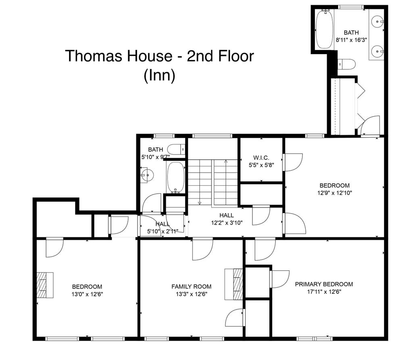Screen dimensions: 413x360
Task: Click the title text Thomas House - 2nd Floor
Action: [159, 56]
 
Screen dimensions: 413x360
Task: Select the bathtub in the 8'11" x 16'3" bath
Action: [324, 29]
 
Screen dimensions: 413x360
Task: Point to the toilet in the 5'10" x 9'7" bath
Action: [176, 149]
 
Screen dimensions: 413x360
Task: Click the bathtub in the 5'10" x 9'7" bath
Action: [176, 177]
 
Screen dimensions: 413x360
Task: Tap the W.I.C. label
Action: [261, 158]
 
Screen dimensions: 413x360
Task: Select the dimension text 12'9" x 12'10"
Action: [334, 193]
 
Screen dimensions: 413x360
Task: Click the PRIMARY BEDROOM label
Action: [324, 284]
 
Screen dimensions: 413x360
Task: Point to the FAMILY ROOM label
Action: [192, 287]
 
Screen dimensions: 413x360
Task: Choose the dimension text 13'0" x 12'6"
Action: [87, 294]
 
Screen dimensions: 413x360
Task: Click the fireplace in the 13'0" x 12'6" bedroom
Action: [45, 285]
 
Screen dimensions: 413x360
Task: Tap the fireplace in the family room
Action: [234, 284]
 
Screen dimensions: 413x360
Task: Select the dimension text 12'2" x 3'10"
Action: [227, 223]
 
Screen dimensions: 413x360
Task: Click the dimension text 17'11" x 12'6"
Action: [324, 292]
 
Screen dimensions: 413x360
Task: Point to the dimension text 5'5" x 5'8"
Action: [261, 165]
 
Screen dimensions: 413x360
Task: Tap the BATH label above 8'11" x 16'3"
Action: [351, 32]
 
